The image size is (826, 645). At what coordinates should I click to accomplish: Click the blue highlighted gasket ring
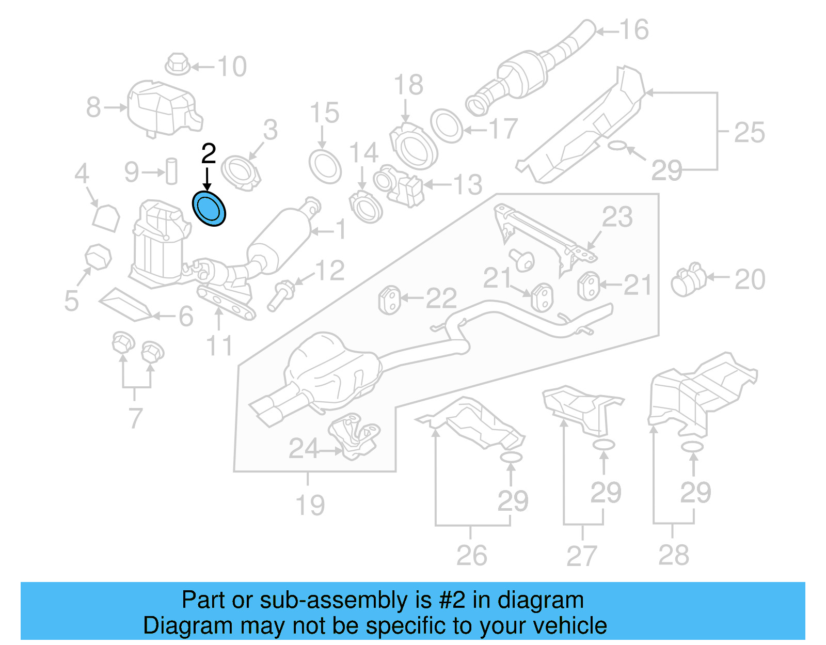tap(209, 209)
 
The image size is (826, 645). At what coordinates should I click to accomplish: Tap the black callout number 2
tap(208, 154)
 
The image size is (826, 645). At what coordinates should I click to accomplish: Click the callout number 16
tap(634, 30)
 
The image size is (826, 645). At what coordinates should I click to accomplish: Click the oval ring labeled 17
tap(447, 125)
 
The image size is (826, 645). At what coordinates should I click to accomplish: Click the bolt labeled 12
tap(281, 295)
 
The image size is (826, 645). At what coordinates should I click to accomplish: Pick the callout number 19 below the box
tap(310, 505)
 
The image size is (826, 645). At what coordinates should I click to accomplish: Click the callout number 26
tap(471, 555)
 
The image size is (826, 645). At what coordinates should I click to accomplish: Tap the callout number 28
tap(673, 555)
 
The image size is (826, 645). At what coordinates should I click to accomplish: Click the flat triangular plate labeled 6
tap(124, 305)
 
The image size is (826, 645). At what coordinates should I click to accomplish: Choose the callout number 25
tap(749, 133)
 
